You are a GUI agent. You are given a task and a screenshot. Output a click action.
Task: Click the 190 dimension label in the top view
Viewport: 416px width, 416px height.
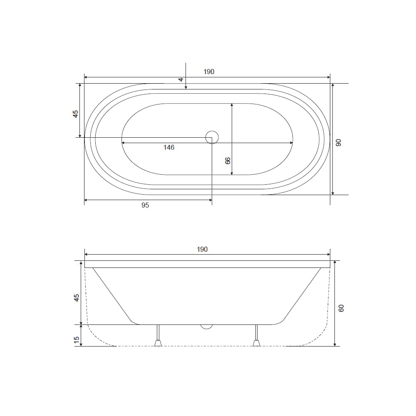[209, 72]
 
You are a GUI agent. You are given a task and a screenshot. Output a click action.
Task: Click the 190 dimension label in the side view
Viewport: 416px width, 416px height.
[202, 249]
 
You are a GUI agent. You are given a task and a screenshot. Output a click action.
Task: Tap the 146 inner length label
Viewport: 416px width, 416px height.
[169, 148]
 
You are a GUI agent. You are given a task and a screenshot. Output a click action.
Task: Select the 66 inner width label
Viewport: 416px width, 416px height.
[228, 161]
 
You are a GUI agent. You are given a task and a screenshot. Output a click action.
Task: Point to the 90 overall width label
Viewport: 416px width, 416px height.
[338, 143]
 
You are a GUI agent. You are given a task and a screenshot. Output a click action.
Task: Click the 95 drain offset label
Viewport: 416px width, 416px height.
[145, 206]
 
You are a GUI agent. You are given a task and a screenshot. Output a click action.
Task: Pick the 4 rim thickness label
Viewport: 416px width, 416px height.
[181, 79]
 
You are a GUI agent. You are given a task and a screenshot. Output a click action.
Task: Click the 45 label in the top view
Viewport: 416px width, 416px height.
[76, 114]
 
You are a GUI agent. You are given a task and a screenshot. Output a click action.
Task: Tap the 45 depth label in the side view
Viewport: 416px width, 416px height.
[77, 298]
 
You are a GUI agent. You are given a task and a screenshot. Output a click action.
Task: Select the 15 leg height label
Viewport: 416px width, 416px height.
[77, 340]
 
